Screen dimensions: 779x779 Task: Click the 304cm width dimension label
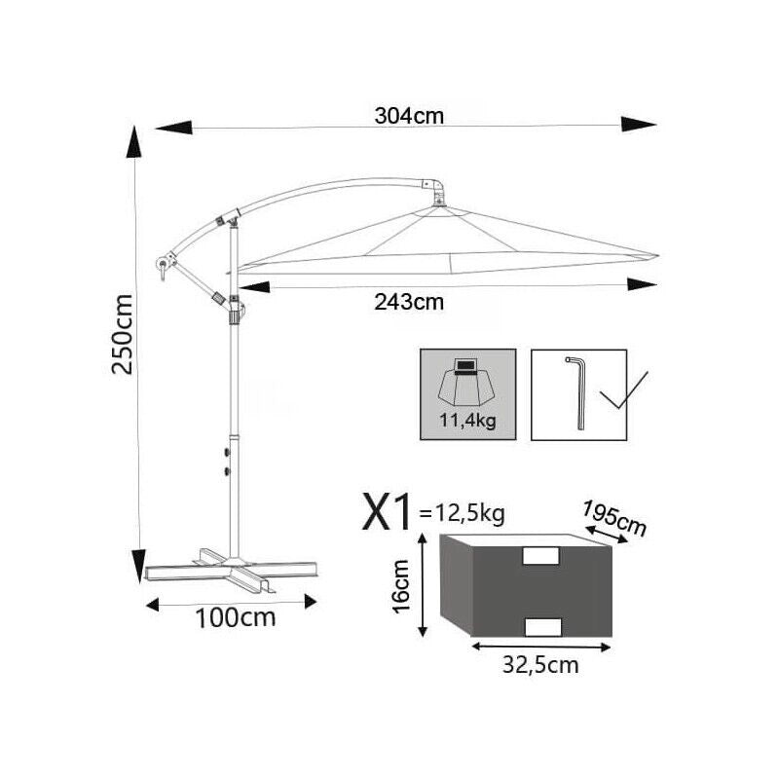(x=409, y=116)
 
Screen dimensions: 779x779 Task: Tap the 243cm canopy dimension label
(x=409, y=302)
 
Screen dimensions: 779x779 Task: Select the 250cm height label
(x=123, y=334)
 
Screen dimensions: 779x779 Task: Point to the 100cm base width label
(x=236, y=618)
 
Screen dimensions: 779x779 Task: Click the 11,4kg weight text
(x=467, y=422)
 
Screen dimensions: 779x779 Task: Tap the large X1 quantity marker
(x=387, y=511)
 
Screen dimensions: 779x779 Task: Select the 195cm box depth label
(x=614, y=519)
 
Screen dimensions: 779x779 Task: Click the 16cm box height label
(x=401, y=586)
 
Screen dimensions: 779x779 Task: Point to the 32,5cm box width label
(x=540, y=665)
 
